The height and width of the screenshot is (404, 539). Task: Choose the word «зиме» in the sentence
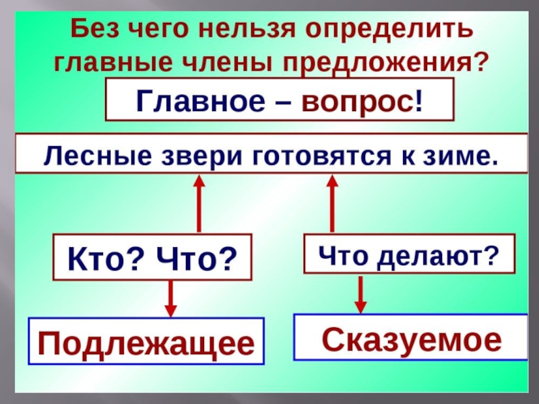461,154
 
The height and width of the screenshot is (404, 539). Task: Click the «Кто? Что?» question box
152,257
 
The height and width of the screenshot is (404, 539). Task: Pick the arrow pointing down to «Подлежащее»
171,298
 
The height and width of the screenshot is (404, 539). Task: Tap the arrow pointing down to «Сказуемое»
361,293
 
